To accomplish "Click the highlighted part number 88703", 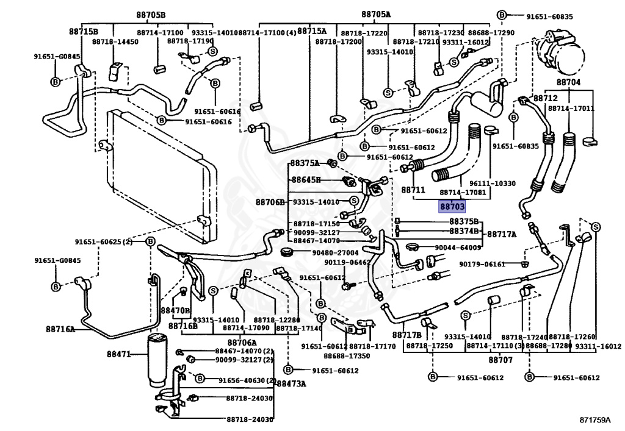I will [x=452, y=207].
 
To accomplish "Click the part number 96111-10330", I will [x=492, y=183].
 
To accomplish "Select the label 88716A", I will [x=60, y=329].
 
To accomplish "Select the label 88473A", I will [x=291, y=383].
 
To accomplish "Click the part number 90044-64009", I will [x=458, y=248].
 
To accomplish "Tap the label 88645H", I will [x=305, y=180].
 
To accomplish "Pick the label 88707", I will [x=500, y=360].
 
